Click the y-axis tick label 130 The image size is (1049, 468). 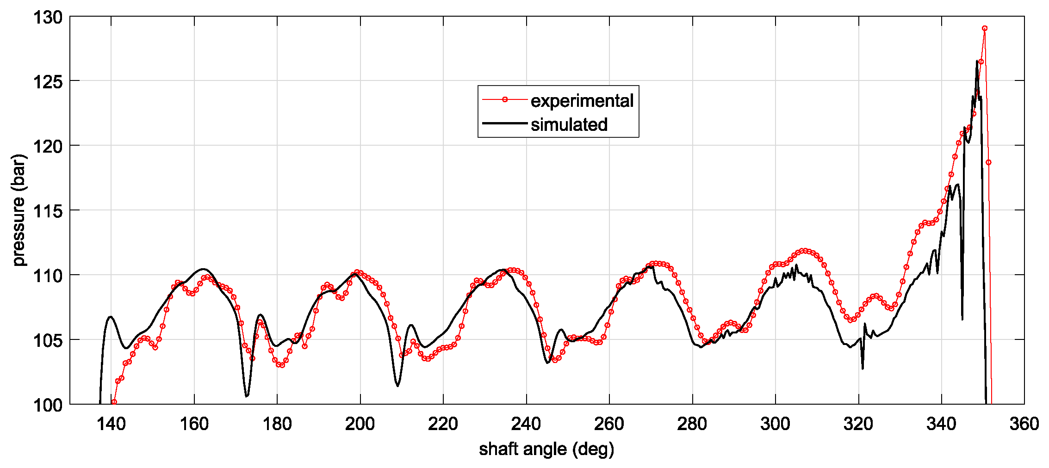coord(47,18)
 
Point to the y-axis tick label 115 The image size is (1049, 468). coord(47,211)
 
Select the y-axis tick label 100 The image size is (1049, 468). coord(47,406)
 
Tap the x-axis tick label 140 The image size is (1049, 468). coord(111,424)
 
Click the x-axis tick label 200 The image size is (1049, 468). coord(360,424)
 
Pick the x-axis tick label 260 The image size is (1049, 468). coord(609,424)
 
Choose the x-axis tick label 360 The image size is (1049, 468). coord(1024,424)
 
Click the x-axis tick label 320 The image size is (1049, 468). coord(858,424)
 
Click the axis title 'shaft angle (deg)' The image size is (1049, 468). coord(546,449)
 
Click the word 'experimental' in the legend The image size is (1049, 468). coord(582,100)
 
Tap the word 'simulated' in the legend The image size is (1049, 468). coord(569,124)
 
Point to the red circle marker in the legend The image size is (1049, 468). coord(505,99)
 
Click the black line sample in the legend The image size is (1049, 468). coord(505,123)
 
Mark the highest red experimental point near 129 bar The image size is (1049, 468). coord(985,28)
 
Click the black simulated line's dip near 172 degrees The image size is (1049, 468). coord(247,396)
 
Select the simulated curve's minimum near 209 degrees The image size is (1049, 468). coord(398,386)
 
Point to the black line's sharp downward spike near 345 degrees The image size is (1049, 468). coord(962,319)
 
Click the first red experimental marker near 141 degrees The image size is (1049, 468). coord(114,402)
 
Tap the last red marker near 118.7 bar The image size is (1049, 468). coord(989,162)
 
